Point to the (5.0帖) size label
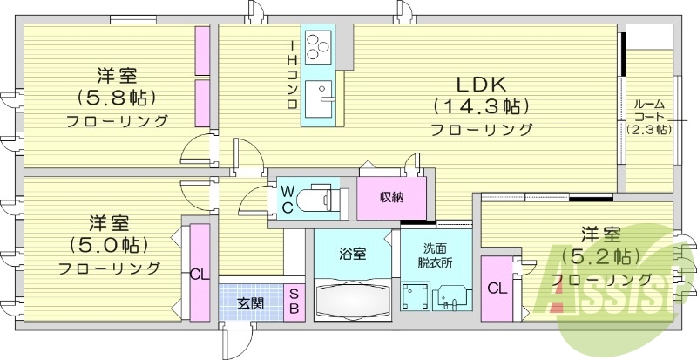109,244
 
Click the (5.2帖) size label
600,257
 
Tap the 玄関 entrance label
250,304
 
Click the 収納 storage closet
391,197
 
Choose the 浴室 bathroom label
353,255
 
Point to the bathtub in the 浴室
353,301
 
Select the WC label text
285,199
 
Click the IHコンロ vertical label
294,77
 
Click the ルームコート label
649,109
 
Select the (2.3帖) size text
649,130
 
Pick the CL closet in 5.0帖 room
200,273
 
